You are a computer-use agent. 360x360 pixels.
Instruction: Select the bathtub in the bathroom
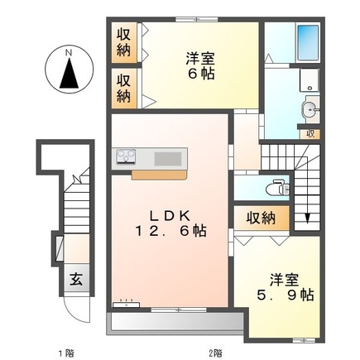(x=307, y=39)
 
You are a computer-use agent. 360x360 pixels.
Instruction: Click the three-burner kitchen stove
(x=127, y=157)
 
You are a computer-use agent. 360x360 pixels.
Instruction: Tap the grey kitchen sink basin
(x=168, y=157)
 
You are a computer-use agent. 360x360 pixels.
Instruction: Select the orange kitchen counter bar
(x=161, y=174)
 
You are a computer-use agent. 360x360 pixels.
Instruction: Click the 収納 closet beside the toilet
(x=261, y=218)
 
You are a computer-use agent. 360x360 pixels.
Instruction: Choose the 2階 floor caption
(x=215, y=353)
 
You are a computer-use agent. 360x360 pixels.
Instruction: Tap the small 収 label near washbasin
(x=310, y=132)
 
